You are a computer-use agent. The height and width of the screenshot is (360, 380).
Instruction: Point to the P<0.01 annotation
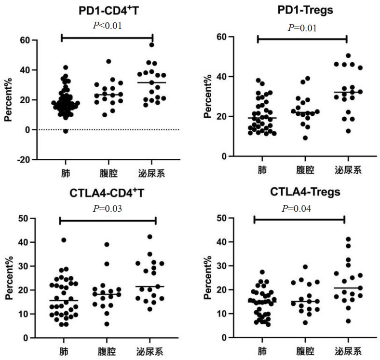pos(107,25)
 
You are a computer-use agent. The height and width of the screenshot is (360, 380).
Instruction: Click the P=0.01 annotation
pos(302,28)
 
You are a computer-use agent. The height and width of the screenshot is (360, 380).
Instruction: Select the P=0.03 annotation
pos(107,208)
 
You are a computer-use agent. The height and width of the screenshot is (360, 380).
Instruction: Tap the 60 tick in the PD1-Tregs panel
pos(221,37)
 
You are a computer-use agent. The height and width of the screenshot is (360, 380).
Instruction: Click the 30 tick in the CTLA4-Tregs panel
pos(221,266)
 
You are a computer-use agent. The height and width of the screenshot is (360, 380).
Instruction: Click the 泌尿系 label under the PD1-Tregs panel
pos(347,170)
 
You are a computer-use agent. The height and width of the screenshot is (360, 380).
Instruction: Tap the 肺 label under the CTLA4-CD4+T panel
pos(64,351)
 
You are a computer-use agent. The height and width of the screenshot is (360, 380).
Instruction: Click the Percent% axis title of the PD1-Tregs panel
pos(208,97)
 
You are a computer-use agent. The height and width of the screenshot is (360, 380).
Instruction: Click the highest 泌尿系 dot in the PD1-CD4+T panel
pos(151,45)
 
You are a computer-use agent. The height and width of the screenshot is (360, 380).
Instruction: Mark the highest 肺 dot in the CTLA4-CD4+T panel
pos(64,240)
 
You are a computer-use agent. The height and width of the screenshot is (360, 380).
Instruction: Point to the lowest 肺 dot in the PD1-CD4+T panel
pos(66,131)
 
